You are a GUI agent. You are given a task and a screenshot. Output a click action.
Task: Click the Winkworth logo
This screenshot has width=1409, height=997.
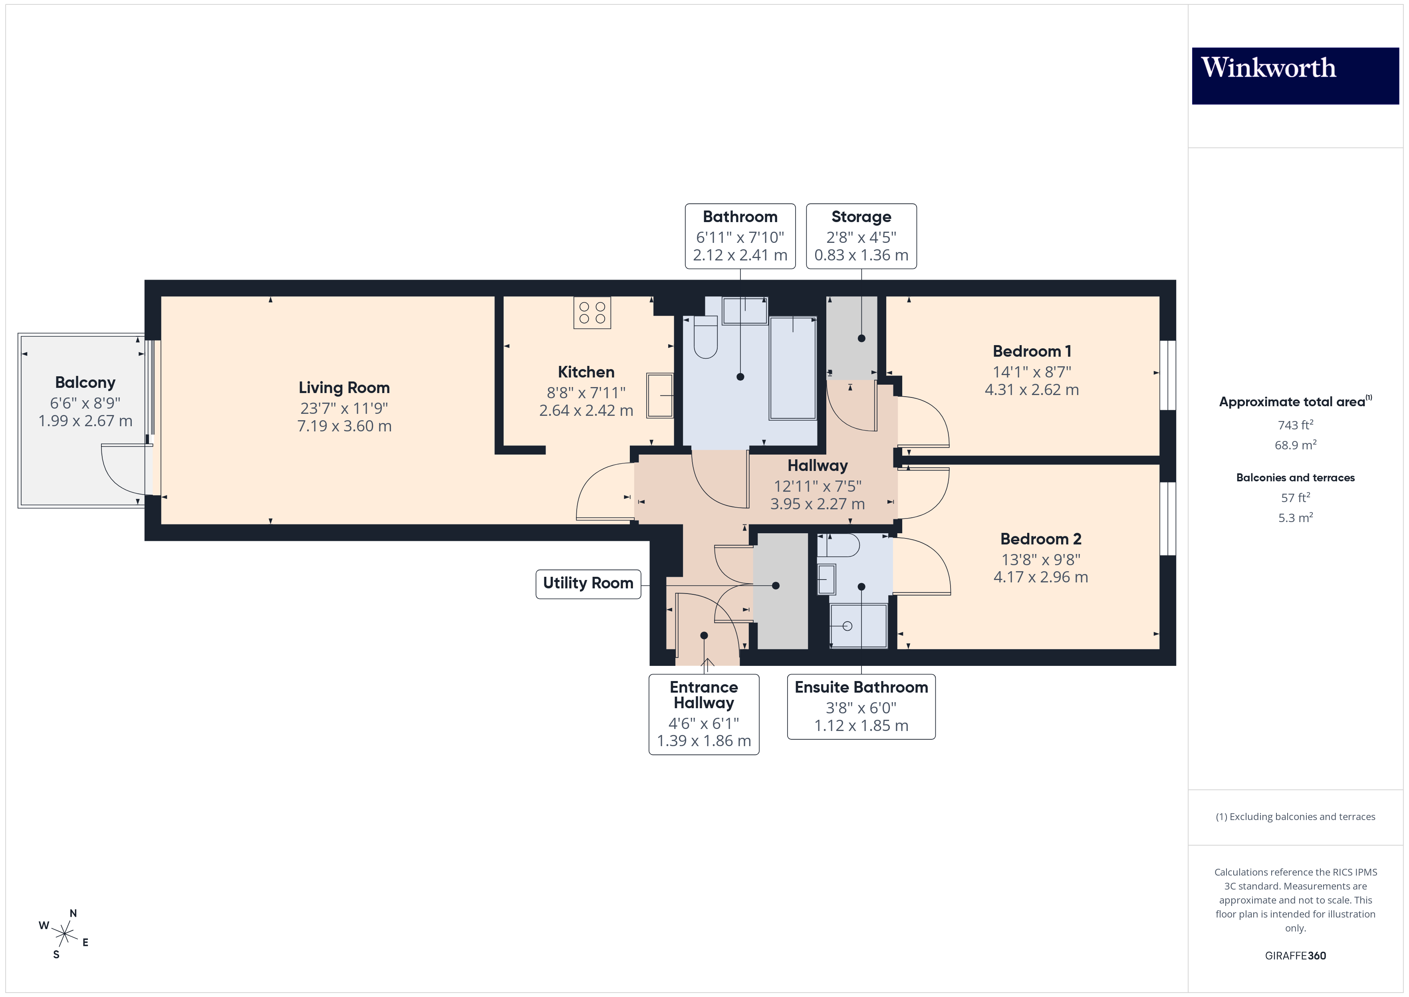coord(1294,75)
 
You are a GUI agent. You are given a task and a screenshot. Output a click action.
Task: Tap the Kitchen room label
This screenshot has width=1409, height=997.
coord(585,372)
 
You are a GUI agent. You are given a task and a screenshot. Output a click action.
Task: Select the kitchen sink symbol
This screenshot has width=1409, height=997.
coord(660,395)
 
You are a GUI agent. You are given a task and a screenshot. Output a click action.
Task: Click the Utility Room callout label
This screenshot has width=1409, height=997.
coord(587,583)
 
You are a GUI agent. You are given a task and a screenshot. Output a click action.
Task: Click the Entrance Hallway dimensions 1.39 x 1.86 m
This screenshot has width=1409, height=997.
coord(703,741)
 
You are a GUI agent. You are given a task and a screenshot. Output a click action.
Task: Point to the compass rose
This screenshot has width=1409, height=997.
coord(64,934)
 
